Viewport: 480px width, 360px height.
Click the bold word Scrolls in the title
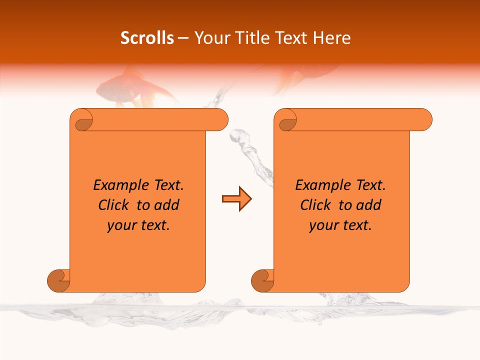point(147,38)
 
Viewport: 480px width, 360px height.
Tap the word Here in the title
point(331,38)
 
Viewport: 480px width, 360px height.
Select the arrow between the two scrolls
point(236,199)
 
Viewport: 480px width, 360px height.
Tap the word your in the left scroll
point(120,226)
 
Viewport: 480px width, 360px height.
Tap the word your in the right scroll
point(322,226)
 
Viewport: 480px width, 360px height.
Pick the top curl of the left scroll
point(81,120)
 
